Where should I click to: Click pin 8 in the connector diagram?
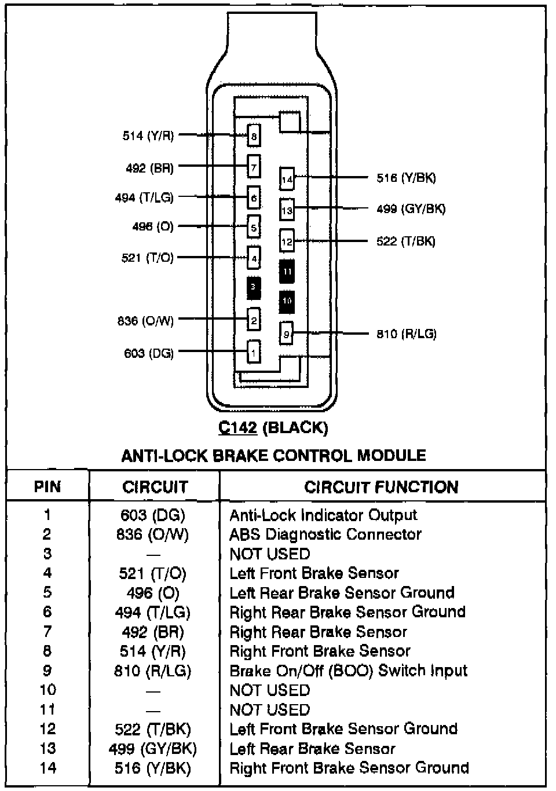coord(253,137)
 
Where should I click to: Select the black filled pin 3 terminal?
coord(253,288)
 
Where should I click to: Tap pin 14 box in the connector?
coord(287,179)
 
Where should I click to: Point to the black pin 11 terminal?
coord(287,271)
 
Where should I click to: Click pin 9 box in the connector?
coord(286,334)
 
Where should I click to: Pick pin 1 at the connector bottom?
coord(253,351)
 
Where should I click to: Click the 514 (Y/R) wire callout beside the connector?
coord(148,136)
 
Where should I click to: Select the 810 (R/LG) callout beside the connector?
coord(406,334)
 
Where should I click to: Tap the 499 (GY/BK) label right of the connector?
coord(411,209)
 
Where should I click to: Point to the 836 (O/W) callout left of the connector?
coord(145,320)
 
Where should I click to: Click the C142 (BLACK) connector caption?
coord(273,428)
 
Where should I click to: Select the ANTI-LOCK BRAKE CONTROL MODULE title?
coord(273,456)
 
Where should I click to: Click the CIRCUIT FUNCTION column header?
coord(381,487)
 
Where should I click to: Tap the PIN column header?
coord(47,486)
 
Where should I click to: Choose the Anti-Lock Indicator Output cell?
coord(323,515)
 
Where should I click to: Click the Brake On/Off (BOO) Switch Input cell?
coord(348,671)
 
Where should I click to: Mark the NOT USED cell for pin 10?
coord(270,690)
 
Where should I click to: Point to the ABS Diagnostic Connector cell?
coord(325,534)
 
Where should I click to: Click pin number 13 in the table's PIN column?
coord(47,748)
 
